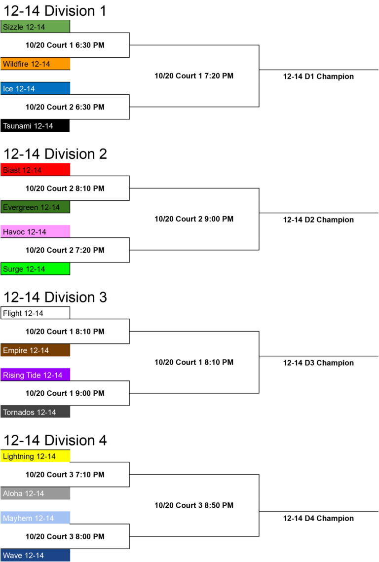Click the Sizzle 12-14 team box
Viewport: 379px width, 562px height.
[x=35, y=27]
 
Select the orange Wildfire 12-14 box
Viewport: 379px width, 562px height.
[x=35, y=64]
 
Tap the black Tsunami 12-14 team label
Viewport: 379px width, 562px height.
[x=35, y=126]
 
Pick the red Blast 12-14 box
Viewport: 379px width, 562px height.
[x=35, y=170]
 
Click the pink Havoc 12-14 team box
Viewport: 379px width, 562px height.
[x=35, y=231]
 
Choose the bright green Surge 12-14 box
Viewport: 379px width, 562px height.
[x=35, y=269]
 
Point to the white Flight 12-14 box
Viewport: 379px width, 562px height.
[x=35, y=313]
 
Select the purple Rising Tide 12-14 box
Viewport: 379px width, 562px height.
[x=35, y=375]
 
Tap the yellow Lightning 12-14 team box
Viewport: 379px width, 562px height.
[x=35, y=456]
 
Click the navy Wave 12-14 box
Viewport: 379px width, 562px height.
[x=35, y=555]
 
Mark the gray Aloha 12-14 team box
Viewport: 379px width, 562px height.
[x=35, y=493]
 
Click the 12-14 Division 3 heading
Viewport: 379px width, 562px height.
[x=55, y=297]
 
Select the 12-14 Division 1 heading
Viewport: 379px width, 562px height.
[x=55, y=11]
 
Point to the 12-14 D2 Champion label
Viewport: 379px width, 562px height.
[x=318, y=220]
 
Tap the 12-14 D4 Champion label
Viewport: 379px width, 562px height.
[x=318, y=518]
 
